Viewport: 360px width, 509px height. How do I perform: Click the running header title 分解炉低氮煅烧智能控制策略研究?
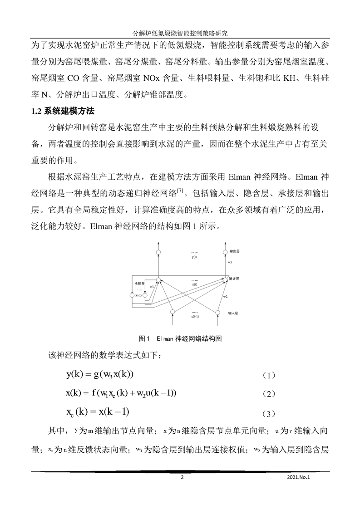[x=180, y=34]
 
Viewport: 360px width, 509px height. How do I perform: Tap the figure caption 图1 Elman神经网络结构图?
[x=180, y=338]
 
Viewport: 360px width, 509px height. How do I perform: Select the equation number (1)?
[x=269, y=376]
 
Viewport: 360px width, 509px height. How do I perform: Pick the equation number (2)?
[x=269, y=395]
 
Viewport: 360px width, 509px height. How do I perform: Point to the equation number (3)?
[x=269, y=414]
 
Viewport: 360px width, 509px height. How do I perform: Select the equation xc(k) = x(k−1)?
[x=98, y=412]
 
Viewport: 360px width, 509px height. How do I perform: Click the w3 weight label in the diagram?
[x=230, y=263]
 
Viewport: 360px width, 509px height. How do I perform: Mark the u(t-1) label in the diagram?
[x=194, y=316]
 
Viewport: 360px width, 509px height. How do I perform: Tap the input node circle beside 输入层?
[x=217, y=313]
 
